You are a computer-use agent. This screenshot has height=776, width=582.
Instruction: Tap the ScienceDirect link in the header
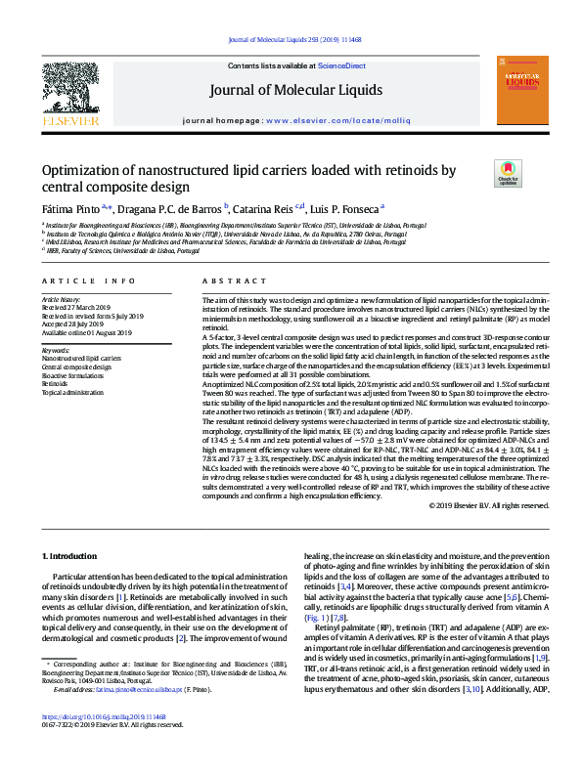coord(342,65)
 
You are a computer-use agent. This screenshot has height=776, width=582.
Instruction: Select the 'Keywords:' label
coord(56,349)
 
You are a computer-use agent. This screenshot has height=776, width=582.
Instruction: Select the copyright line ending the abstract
coord(489,505)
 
